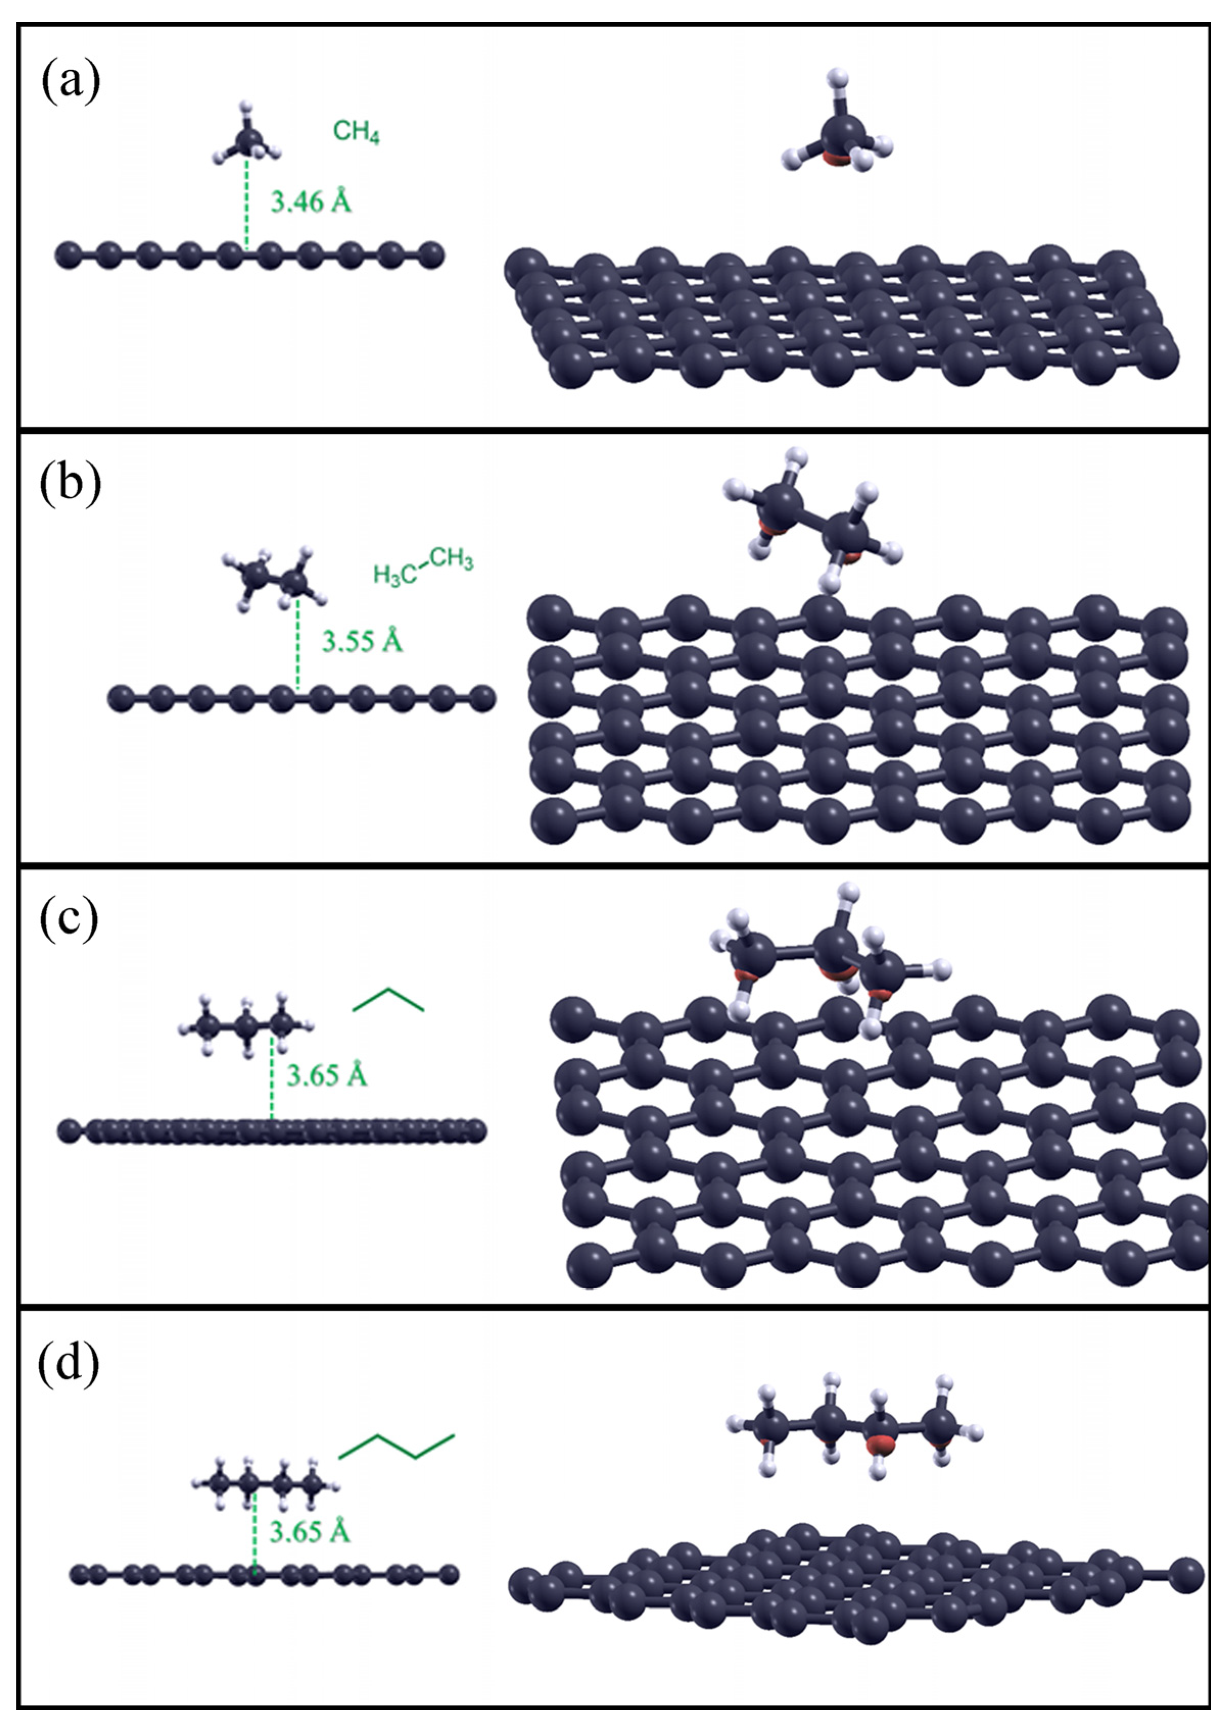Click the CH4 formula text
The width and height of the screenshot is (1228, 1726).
[357, 133]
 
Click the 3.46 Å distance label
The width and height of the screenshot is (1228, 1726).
[311, 202]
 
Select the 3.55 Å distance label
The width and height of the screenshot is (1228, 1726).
[362, 642]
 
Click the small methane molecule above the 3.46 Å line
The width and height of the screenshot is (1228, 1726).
[247, 138]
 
